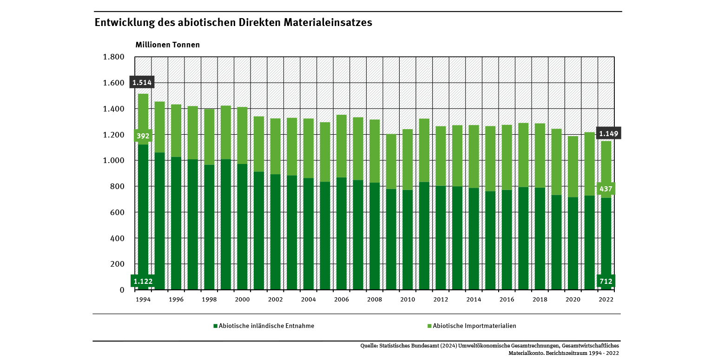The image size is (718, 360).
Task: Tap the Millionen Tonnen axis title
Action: click(167, 45)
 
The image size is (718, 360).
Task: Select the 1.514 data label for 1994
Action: click(142, 83)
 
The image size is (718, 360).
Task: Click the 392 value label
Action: click(143, 136)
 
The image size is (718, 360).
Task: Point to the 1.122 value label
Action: click(142, 281)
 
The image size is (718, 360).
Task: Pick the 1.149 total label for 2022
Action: click(608, 134)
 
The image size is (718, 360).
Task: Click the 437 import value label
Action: click(606, 189)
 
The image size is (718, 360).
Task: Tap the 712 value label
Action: click(606, 281)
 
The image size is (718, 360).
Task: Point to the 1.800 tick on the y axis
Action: click(113, 57)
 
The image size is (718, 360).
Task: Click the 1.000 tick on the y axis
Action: click(113, 161)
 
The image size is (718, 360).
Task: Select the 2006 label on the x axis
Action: click(342, 300)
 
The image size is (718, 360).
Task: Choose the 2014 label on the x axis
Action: click(474, 300)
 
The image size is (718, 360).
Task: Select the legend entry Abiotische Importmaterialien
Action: click(474, 326)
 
